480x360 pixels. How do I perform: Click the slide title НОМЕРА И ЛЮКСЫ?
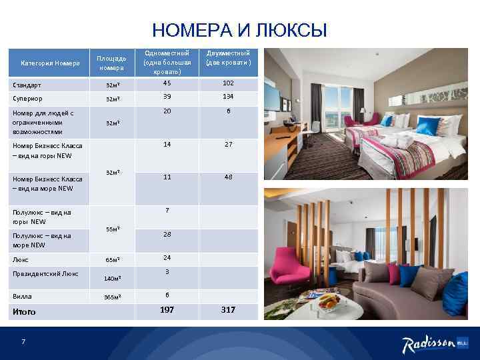click(x=240, y=31)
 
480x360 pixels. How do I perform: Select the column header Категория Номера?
click(x=51, y=63)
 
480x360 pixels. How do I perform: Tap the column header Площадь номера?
click(x=111, y=63)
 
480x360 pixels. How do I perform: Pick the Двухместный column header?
click(x=228, y=57)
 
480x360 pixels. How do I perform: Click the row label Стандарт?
click(x=27, y=85)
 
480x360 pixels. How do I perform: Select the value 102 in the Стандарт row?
click(x=228, y=83)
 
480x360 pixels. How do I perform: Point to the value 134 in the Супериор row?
click(x=228, y=97)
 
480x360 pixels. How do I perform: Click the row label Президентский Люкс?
click(x=46, y=273)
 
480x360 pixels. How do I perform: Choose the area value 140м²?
click(x=112, y=277)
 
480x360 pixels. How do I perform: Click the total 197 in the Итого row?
click(x=167, y=309)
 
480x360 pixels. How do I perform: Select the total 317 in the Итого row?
click(x=228, y=309)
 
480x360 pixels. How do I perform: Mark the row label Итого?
click(x=25, y=311)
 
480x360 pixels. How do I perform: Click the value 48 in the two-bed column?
click(x=228, y=177)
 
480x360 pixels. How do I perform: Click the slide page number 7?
click(x=23, y=342)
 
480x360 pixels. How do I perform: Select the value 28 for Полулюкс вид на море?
click(x=167, y=235)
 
